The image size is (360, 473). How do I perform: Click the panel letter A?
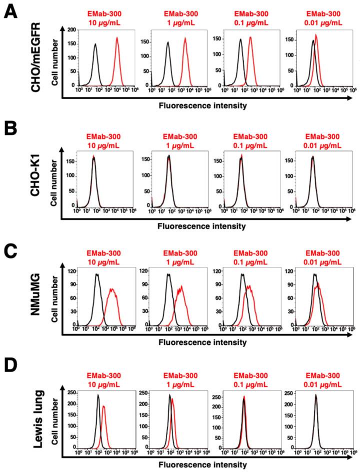click(x=11, y=11)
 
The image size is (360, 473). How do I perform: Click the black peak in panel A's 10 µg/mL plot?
click(x=95, y=44)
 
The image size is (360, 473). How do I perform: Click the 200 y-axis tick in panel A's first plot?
click(x=72, y=30)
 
